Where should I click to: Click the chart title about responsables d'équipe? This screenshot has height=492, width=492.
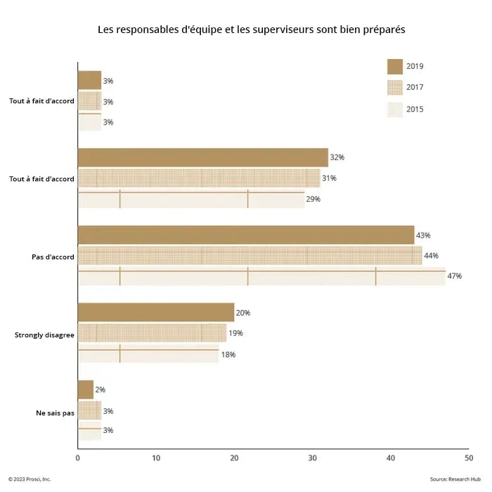point(252,30)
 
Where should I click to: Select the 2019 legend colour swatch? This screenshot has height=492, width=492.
point(394,67)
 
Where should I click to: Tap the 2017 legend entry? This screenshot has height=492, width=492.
point(414,88)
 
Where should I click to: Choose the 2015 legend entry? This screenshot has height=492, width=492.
point(414,109)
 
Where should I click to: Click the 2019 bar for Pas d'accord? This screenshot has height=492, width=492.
point(245,235)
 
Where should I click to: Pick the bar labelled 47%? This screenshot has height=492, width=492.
point(261,276)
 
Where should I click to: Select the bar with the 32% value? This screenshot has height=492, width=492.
point(202,157)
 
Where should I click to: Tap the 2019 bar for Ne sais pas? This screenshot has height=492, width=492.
point(85,389)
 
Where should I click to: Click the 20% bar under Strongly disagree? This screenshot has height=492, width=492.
point(155,312)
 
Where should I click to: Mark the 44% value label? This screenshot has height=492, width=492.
point(432,256)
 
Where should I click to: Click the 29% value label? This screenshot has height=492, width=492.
point(313,199)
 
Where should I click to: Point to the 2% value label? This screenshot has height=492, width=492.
point(100,389)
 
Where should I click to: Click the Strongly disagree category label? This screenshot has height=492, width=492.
point(44,335)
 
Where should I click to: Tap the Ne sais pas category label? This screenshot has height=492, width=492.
point(55,413)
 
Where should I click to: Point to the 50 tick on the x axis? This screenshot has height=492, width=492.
point(468,458)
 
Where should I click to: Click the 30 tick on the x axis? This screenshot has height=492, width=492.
point(311,458)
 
